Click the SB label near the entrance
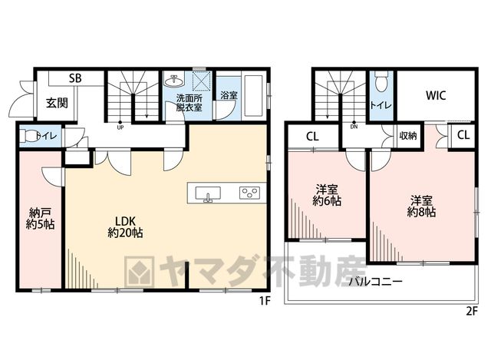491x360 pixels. (75, 78)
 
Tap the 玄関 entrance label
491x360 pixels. (57, 102)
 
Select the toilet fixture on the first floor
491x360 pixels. (29, 137)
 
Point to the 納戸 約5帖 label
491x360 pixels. (40, 219)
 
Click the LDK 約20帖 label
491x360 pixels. (125, 227)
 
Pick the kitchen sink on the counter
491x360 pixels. (208, 193)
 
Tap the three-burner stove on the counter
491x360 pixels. (249, 193)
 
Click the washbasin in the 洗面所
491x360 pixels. (174, 81)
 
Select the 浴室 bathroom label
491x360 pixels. (229, 95)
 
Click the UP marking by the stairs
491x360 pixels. (120, 127)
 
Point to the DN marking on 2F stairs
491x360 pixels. (354, 127)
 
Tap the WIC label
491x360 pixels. (436, 95)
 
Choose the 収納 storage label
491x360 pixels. (408, 136)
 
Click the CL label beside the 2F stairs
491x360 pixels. (312, 137)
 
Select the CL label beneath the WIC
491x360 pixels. (463, 135)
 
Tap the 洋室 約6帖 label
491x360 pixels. (327, 195)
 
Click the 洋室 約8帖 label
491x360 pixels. (421, 206)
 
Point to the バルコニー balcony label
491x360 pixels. (376, 281)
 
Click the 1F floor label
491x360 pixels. (264, 301)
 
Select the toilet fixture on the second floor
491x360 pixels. (381, 81)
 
